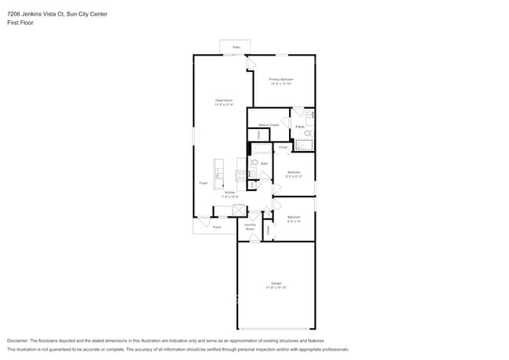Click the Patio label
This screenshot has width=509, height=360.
point(235,48)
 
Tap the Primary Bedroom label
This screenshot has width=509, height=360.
point(281,79)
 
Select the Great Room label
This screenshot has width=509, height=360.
point(224,100)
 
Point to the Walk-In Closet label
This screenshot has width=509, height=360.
point(269,124)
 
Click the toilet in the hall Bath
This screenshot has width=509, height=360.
point(254,163)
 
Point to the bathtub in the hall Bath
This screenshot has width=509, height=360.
point(261,149)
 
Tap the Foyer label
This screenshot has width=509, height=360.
point(203,182)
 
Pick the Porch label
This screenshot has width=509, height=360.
point(217,227)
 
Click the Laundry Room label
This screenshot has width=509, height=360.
point(250,226)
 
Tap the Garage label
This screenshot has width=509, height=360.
point(276,283)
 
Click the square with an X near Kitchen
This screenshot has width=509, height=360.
point(238,210)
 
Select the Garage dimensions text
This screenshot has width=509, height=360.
point(276,288)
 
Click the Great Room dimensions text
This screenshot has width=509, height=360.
point(224,105)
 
